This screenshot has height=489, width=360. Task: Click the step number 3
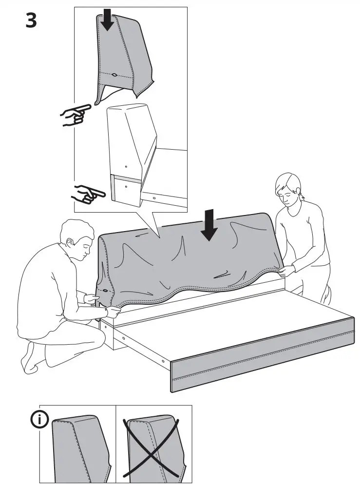pyautogui.click(x=31, y=20)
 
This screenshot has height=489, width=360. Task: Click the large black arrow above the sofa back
pyautogui.click(x=209, y=224)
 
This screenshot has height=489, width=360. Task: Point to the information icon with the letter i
pyautogui.click(x=40, y=419)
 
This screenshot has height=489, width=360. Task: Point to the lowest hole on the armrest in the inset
pyautogui.click(x=126, y=186)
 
